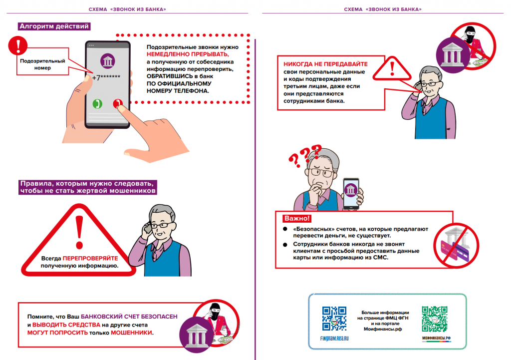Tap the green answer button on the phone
click(x=98, y=104)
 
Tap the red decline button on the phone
click(x=118, y=104)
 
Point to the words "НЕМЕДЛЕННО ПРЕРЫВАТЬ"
click(x=188, y=54)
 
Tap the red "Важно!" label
click(x=297, y=218)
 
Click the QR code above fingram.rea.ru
click(x=334, y=319)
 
